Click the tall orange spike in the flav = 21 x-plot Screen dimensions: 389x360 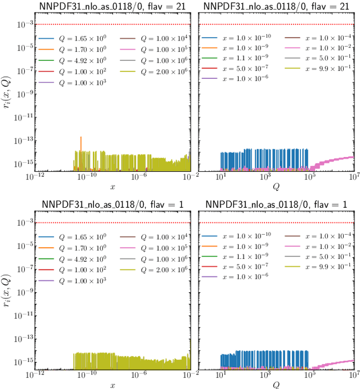82,144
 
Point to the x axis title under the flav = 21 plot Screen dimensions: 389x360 112,186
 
